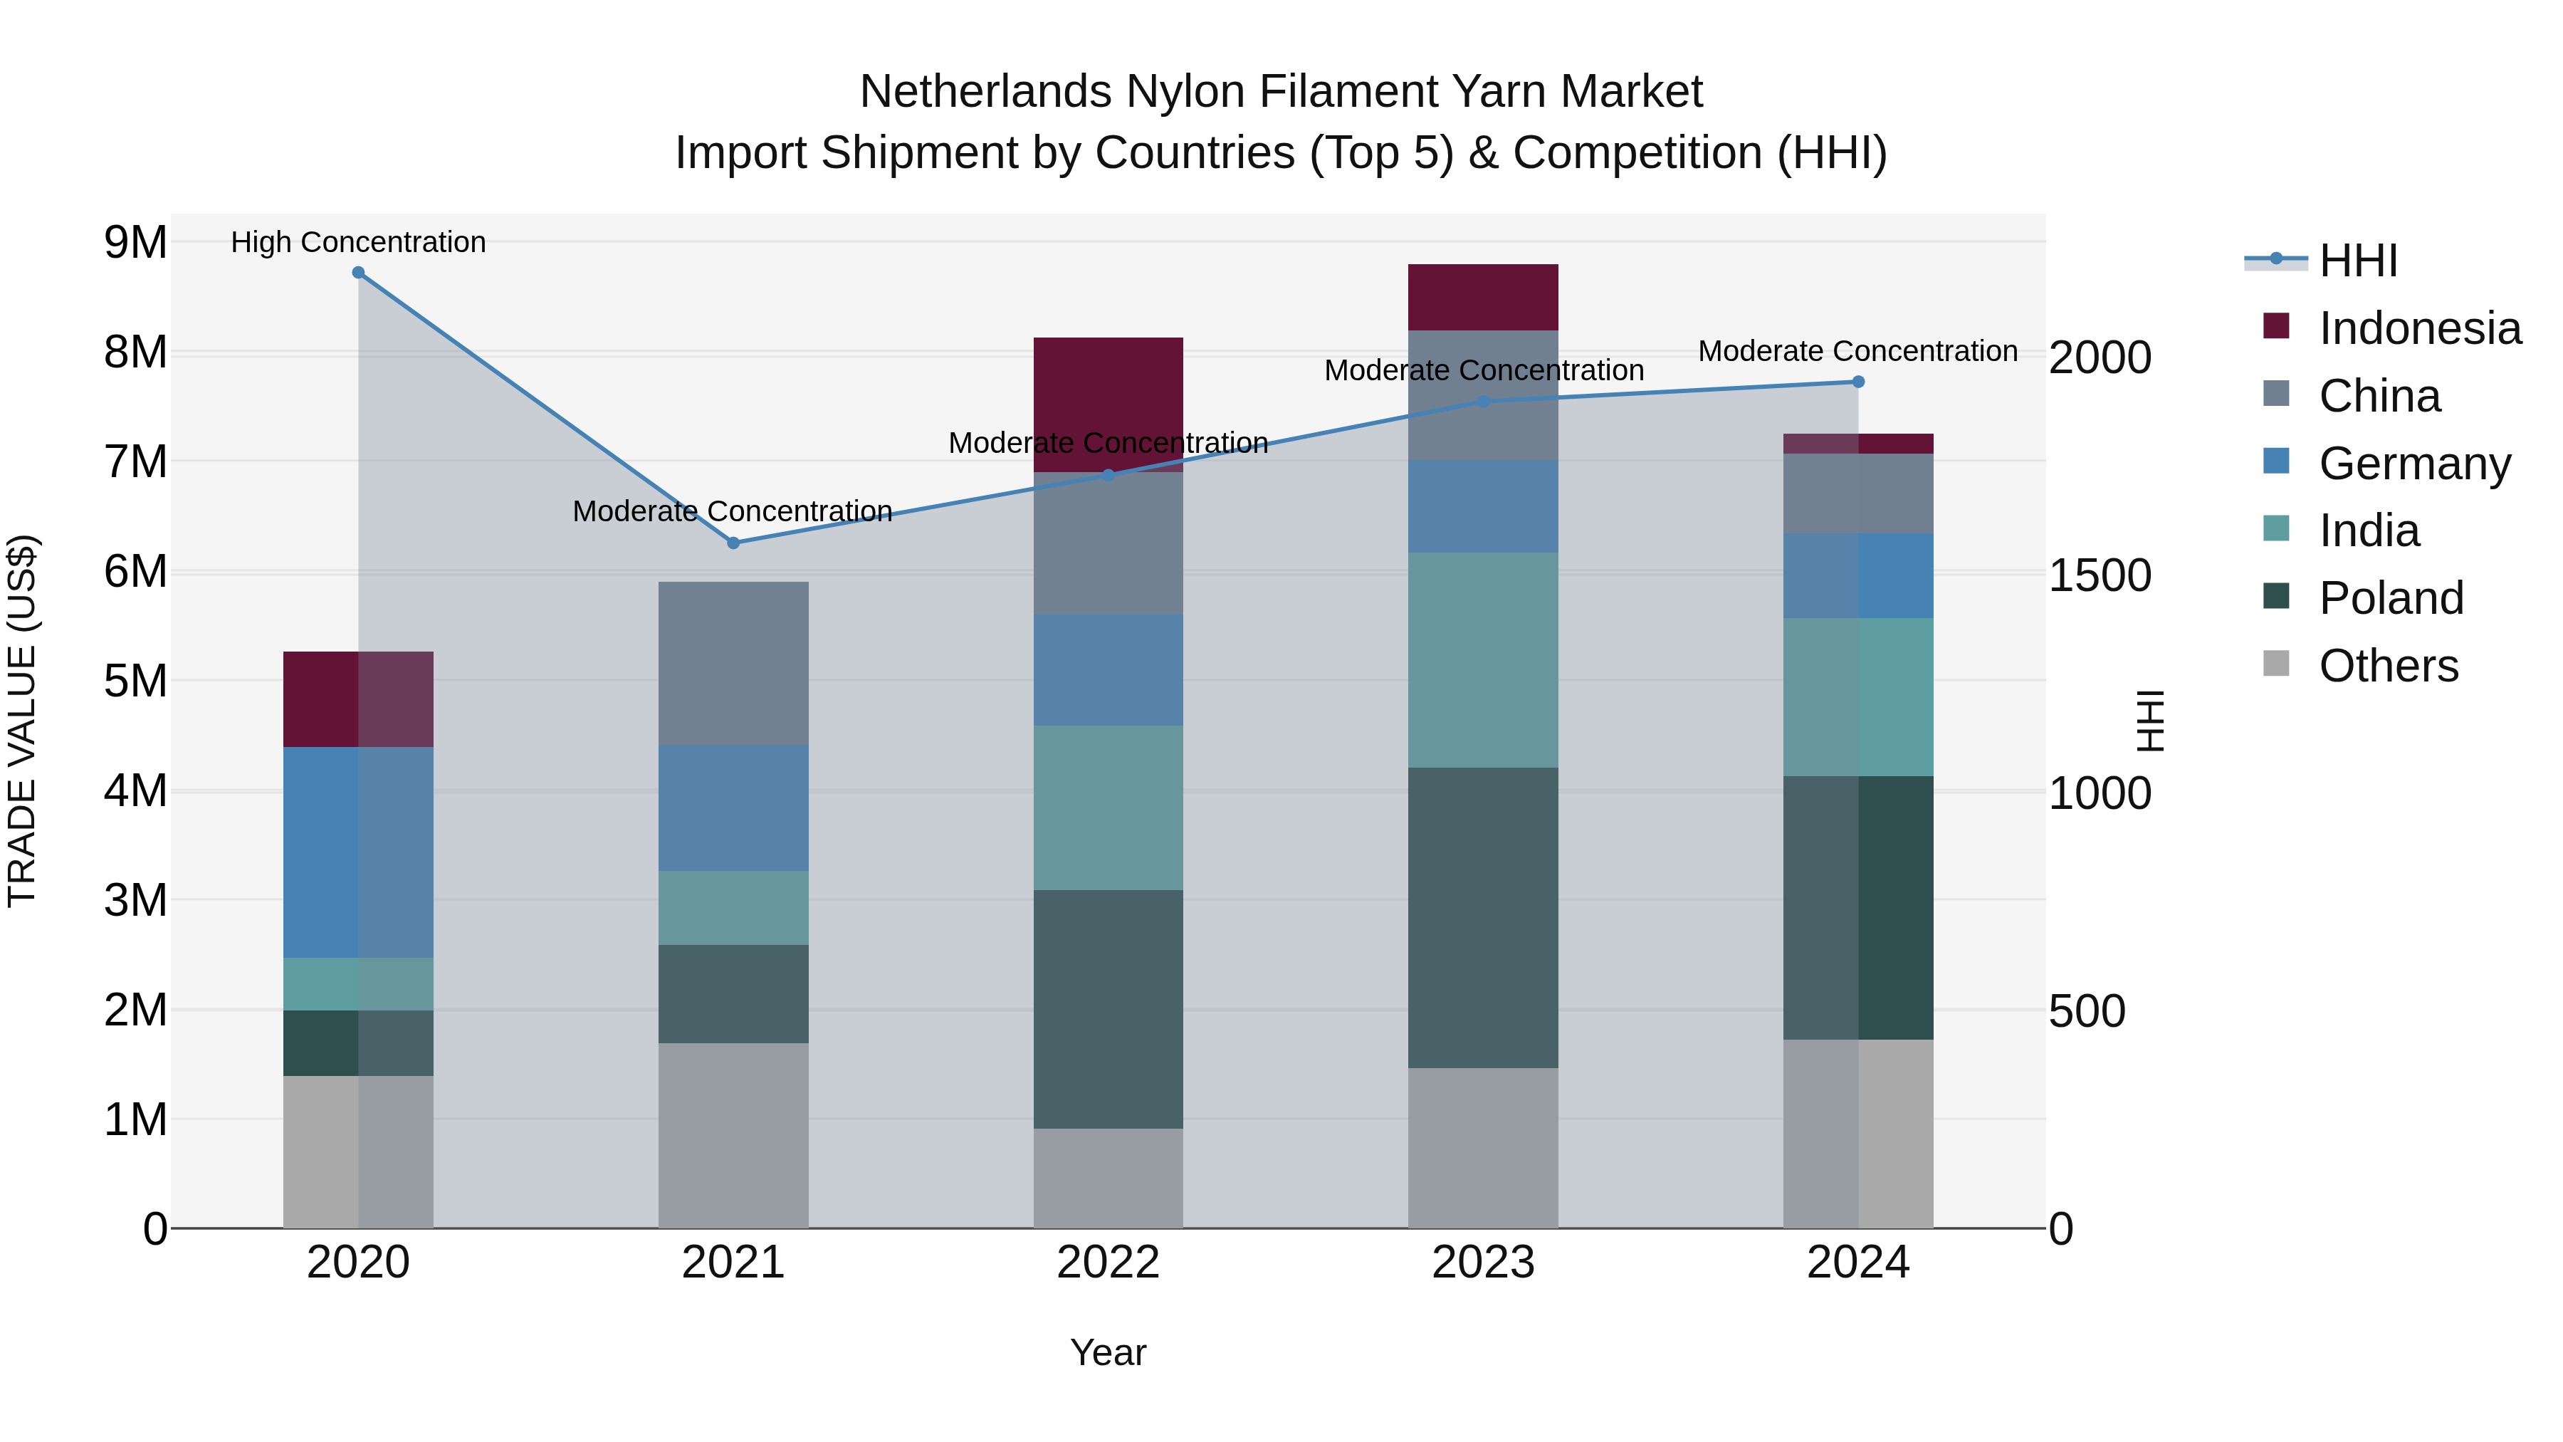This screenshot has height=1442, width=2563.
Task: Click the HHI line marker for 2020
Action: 358,273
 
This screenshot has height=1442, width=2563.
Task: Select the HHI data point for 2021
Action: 733,543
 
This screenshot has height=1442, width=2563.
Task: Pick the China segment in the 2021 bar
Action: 733,663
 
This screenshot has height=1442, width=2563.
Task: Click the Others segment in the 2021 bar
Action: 733,1136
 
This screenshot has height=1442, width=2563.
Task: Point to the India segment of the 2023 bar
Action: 1482,660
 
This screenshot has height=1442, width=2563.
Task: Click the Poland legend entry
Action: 2391,598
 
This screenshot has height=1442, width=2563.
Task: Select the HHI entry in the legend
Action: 2357,261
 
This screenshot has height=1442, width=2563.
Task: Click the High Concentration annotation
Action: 358,242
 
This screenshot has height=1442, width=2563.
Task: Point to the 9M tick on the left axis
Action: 135,242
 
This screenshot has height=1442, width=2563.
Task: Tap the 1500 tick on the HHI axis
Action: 2100,575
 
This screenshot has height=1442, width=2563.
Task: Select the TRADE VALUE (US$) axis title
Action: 22,721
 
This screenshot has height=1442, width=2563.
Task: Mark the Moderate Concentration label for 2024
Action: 1857,351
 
